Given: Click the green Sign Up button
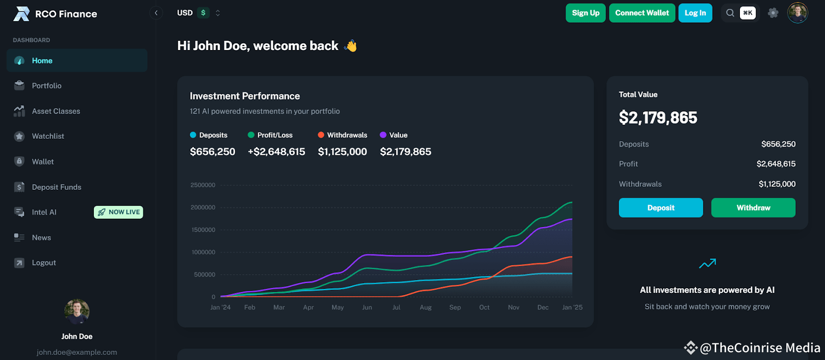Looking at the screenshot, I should (x=585, y=13).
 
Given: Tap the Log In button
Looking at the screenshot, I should (x=695, y=13).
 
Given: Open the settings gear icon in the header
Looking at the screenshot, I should (x=772, y=13).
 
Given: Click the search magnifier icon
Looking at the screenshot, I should (x=730, y=13).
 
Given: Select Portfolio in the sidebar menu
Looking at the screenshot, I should (x=46, y=86).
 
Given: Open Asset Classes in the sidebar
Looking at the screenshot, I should (x=56, y=111).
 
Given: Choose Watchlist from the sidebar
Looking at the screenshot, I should (x=48, y=136).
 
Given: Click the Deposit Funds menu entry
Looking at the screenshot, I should (x=56, y=187).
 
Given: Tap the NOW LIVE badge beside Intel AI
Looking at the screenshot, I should (x=119, y=212).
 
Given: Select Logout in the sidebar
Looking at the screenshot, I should (x=44, y=263).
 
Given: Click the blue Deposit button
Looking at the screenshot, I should (x=661, y=208).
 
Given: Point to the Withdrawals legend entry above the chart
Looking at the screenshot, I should (x=343, y=135).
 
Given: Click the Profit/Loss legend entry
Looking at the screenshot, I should (x=271, y=135).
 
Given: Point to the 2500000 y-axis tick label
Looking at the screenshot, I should (x=203, y=185).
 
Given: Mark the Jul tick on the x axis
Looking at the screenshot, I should (x=396, y=307).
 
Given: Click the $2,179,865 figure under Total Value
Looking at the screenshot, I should (x=658, y=118).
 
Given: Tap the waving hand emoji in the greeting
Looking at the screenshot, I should (x=351, y=46).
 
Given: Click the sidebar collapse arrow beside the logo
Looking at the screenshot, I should (x=156, y=13).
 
